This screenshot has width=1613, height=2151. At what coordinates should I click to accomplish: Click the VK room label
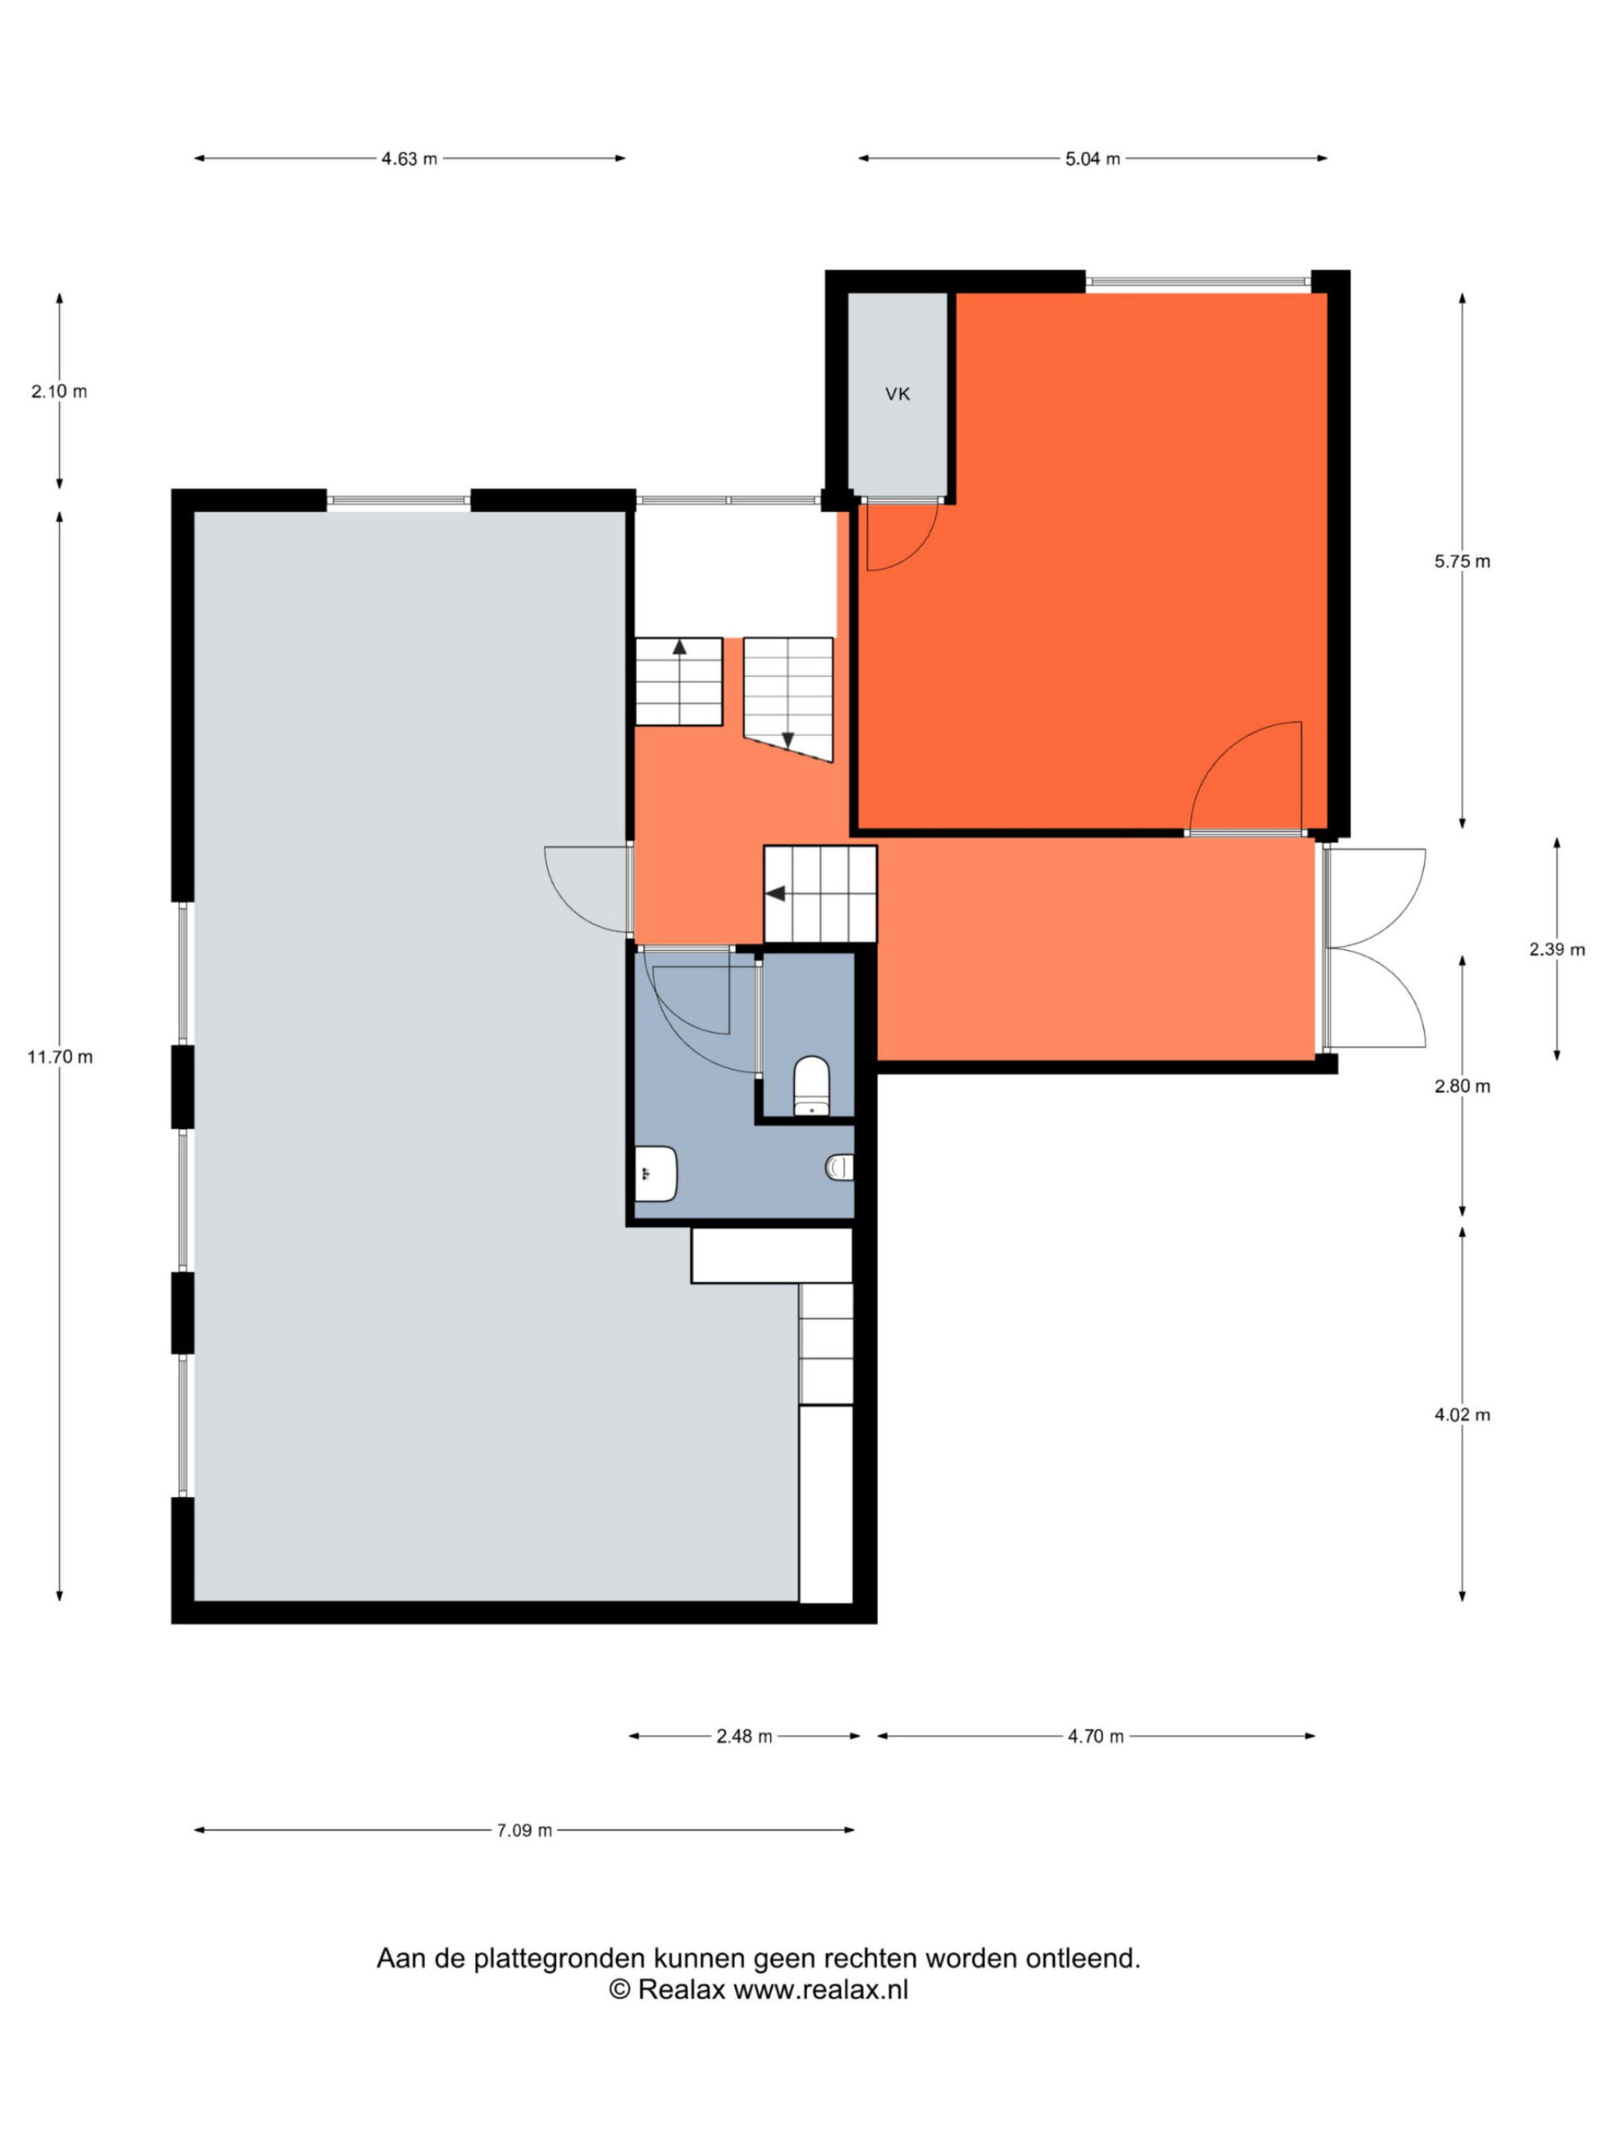[x=897, y=394]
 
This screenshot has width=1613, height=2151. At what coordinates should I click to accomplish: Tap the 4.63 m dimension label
[x=409, y=159]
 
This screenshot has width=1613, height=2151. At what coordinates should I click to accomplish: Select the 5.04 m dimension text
[x=1092, y=159]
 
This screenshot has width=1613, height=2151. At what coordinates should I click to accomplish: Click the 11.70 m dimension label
[x=60, y=1056]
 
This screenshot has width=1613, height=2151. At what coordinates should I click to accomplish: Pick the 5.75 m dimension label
[x=1462, y=561]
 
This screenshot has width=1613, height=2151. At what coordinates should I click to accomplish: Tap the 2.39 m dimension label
[x=1557, y=949]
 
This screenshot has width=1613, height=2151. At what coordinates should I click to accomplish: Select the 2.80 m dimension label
[x=1462, y=1086]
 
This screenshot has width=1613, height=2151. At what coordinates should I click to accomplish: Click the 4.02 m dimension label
[x=1462, y=1415]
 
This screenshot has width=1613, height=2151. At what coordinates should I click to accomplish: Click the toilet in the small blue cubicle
[x=811, y=1085]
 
